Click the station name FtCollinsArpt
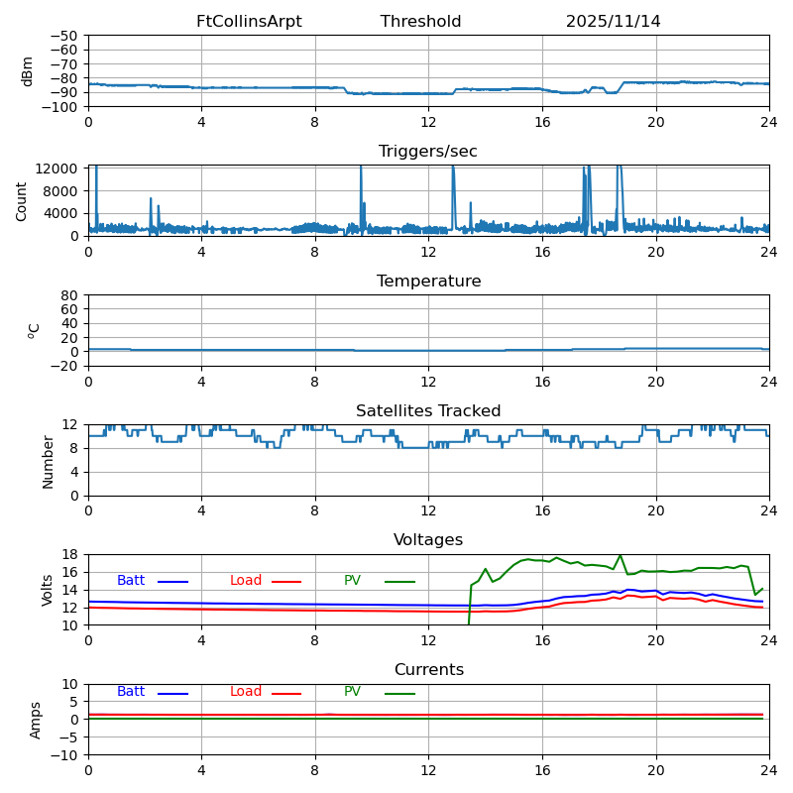point(249,22)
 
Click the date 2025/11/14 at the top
point(613,22)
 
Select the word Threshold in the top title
point(420,22)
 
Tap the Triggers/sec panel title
point(428,152)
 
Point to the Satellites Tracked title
point(428,411)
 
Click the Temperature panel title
point(428,282)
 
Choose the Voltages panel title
point(428,540)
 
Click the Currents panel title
point(428,670)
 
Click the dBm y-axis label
point(28,71)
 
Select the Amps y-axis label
point(36,720)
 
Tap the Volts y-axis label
point(48,590)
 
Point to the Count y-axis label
point(22,201)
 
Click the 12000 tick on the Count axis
point(58,169)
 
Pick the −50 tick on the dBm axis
point(64,36)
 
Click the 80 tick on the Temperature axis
point(70,295)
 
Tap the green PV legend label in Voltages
point(352,581)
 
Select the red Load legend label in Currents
point(246,692)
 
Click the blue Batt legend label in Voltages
point(131,581)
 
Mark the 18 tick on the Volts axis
point(70,555)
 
